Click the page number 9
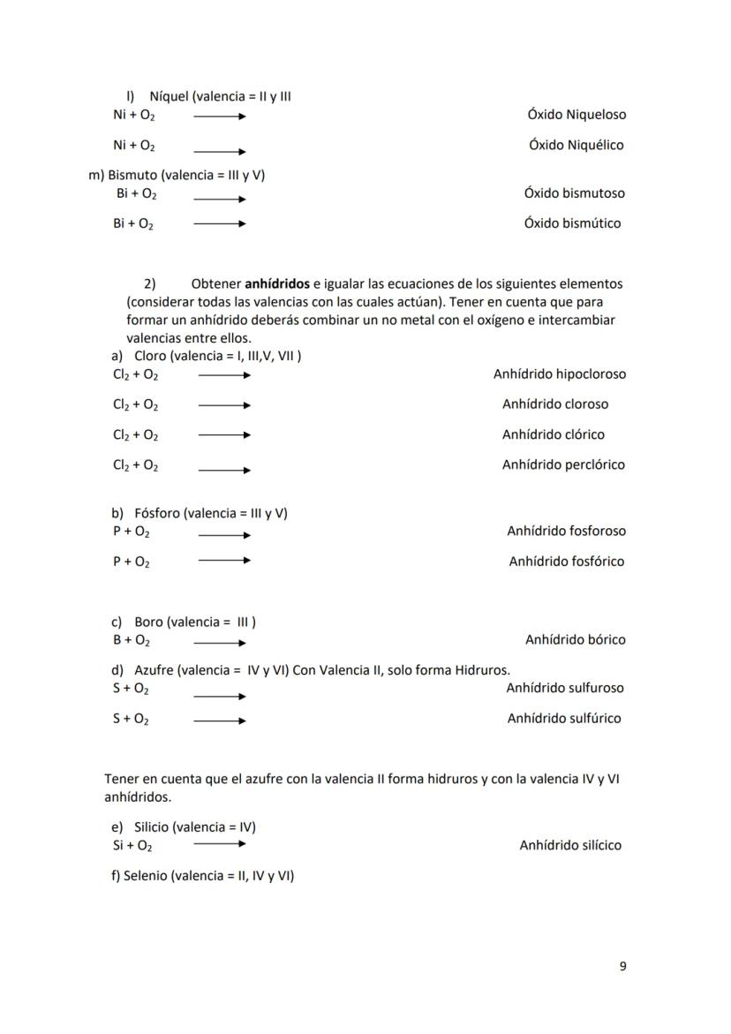pos(622,966)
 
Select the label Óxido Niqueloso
pos(577,115)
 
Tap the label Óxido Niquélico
pos(576,145)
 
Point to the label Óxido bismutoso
pos(574,192)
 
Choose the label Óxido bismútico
pos(572,223)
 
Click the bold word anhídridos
pos(276,283)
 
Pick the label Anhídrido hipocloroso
pos(560,374)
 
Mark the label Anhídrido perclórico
pos(563,464)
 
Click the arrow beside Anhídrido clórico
pos(224,435)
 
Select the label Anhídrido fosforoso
pos(566,531)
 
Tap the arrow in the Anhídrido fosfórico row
pos(224,561)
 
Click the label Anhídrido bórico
pos(575,639)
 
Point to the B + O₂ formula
pos(131,640)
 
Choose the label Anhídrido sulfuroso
pos(564,687)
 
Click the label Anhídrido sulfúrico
pos(563,718)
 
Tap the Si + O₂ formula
pos(132,845)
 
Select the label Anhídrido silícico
pos(570,845)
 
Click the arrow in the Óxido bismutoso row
pos(220,199)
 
